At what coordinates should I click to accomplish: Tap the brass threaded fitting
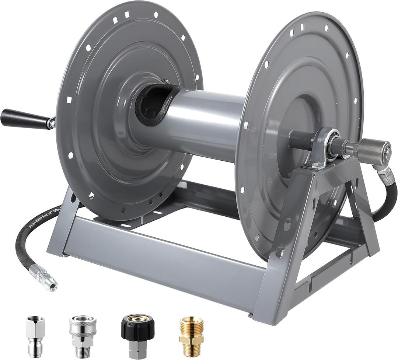coord(191,336)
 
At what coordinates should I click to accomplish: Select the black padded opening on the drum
coord(155,104)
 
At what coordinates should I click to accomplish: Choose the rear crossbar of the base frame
coord(206,199)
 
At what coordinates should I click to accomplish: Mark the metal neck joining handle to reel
coord(51,123)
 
